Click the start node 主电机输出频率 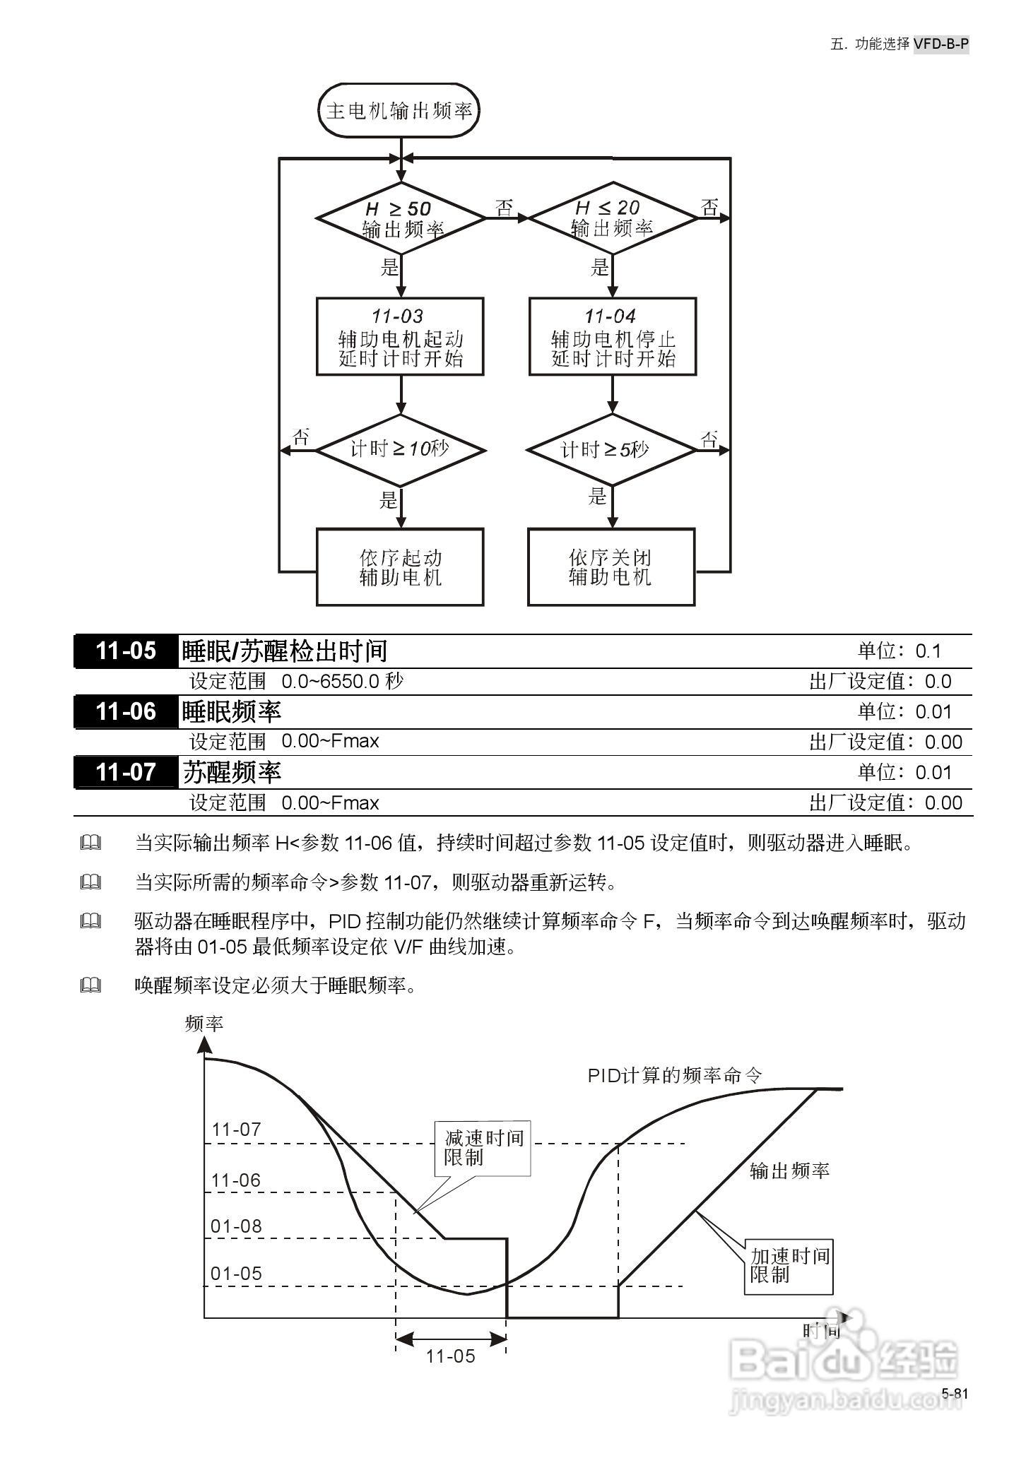tap(399, 110)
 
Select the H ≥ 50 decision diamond tap(401, 218)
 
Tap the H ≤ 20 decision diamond tap(612, 218)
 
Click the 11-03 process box tap(400, 336)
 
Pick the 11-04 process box tap(612, 336)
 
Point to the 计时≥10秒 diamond tap(401, 449)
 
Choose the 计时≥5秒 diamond tap(612, 449)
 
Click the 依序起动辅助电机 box tap(400, 567)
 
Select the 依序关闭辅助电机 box tap(611, 567)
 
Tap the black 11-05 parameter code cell tap(126, 651)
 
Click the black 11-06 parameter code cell tap(126, 711)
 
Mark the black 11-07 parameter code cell tap(126, 772)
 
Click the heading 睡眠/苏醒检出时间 tap(285, 651)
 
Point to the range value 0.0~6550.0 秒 tap(343, 682)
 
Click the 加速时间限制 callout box tap(789, 1266)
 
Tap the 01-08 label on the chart tap(236, 1226)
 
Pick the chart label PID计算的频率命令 tap(675, 1076)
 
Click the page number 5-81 tap(955, 1394)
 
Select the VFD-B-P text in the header tap(940, 44)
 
